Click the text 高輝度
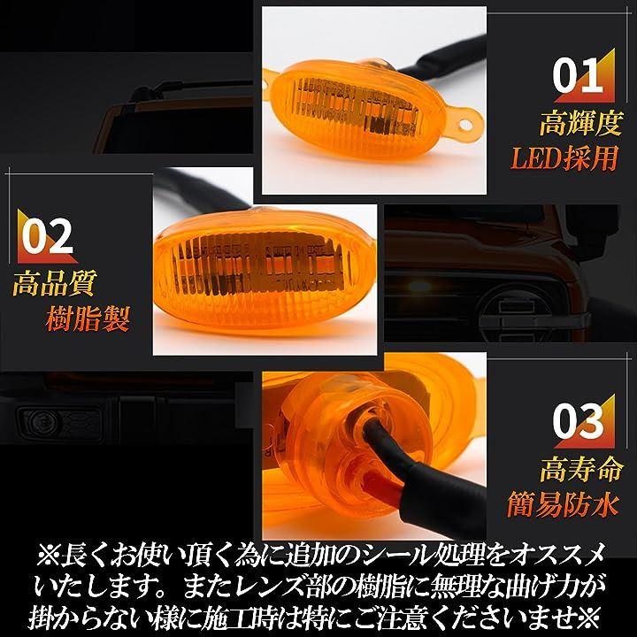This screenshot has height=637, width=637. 580,124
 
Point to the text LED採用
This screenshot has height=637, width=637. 564,158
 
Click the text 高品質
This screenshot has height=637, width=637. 55,283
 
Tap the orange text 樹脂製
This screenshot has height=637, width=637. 88,318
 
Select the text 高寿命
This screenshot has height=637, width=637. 581,469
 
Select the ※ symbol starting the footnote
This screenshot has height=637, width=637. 48,555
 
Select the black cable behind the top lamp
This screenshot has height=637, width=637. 442,57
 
